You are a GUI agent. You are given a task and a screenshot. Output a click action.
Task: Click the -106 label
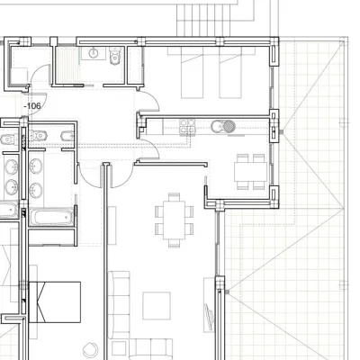pos(32,106)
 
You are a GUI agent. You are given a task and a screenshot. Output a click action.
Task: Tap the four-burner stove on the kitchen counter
pos(187,126)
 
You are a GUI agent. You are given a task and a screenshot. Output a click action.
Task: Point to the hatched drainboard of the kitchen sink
pos(229,126)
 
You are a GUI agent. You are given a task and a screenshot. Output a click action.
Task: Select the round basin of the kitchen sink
pos(217,126)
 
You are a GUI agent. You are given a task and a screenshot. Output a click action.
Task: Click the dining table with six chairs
pos(174,220)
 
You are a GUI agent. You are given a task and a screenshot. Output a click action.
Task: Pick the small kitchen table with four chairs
pos(250,172)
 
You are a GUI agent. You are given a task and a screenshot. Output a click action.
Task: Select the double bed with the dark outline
pos(55,301)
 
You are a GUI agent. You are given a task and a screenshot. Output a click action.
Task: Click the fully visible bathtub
pos(51,217)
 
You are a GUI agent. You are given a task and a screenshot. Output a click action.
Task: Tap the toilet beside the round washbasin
pos(115,56)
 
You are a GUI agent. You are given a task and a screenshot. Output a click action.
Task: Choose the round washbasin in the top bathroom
pos(94,53)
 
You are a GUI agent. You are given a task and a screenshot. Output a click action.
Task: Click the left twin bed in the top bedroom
pos(193,72)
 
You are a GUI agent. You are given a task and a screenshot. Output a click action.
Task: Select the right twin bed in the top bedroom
pos(230,72)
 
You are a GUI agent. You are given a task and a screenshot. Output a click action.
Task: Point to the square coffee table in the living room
pos(157,306)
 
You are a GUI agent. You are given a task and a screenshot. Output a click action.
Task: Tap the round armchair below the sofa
pos(90,350)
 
